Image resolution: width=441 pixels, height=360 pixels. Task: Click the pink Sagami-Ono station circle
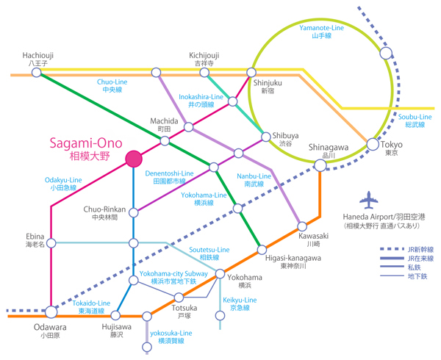coord(134,159)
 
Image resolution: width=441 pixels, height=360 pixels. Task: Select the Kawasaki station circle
coord(301,226)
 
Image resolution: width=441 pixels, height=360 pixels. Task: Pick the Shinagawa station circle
coord(320,165)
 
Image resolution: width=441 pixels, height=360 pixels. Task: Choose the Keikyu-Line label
coord(240,304)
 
